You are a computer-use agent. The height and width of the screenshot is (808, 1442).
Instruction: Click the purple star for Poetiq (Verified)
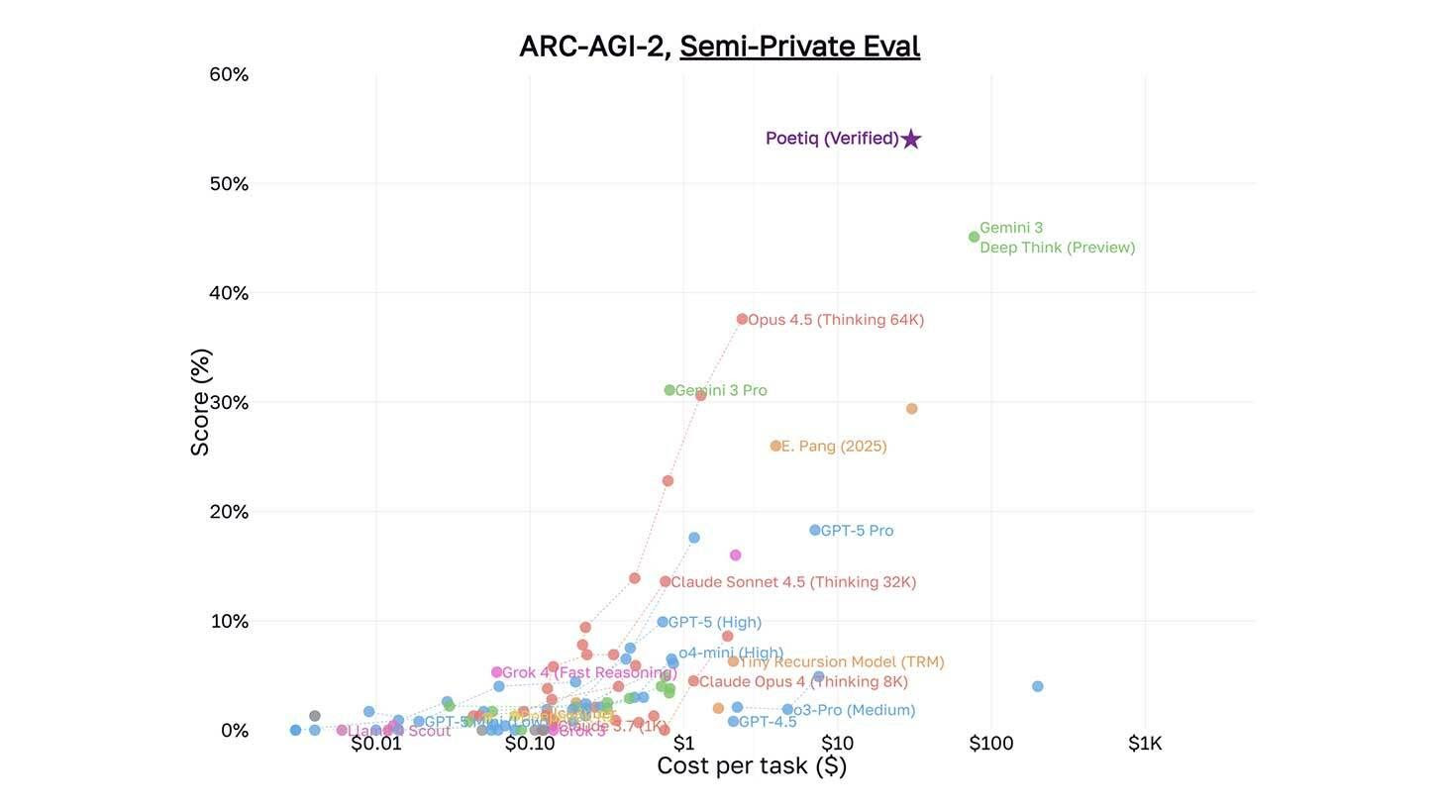point(911,140)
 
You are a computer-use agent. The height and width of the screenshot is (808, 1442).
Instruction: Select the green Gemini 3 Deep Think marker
point(974,237)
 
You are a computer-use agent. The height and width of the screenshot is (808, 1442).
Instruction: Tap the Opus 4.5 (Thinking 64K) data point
point(742,319)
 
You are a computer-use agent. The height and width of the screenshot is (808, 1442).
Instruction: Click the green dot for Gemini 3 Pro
point(669,390)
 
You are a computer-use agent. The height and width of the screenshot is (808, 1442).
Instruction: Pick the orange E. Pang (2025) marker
point(775,446)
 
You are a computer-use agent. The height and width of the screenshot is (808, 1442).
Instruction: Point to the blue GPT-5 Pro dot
point(815,531)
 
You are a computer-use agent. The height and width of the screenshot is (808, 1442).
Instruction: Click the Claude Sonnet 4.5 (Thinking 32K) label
point(793,582)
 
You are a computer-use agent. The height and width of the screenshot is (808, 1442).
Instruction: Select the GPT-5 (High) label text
point(714,623)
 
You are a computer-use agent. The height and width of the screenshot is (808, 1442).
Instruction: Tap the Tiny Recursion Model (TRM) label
point(842,662)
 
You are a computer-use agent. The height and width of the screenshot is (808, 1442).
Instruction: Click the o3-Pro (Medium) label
point(854,710)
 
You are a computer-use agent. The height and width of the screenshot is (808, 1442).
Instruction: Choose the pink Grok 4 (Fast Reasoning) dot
point(496,672)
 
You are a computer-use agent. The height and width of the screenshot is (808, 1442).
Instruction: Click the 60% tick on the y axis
point(229,74)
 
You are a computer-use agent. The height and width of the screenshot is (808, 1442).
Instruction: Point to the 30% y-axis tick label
point(229,403)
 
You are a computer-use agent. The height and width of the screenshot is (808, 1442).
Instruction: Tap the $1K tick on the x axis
point(1145,744)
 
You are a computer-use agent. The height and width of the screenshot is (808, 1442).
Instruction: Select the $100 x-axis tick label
point(990,744)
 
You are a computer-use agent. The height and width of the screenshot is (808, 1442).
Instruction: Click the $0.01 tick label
point(376,744)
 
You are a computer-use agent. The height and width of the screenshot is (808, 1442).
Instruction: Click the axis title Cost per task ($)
point(752,765)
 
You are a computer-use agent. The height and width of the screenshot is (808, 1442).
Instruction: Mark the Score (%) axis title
point(200,402)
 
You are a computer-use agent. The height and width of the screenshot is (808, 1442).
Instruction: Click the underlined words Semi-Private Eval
point(799,47)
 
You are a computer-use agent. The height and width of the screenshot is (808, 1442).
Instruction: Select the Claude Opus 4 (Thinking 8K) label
point(803,682)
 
